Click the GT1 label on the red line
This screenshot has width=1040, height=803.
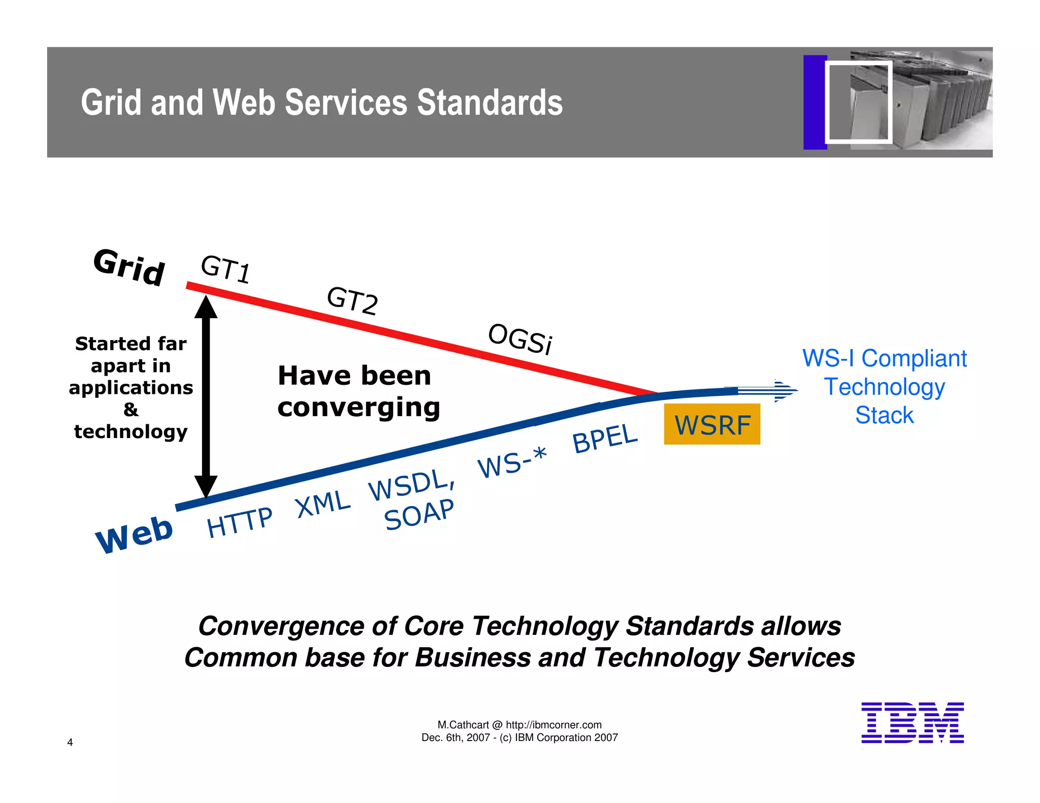point(225,269)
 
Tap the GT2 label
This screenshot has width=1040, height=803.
point(352,300)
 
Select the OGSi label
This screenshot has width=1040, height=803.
point(520,339)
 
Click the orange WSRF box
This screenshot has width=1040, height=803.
point(712,424)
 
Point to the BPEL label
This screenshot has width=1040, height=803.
point(604,438)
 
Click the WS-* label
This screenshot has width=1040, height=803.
point(512,462)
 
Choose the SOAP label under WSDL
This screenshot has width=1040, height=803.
point(419,514)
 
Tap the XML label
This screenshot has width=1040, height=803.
point(323,505)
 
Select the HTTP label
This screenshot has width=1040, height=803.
point(240,522)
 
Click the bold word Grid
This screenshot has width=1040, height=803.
point(129,267)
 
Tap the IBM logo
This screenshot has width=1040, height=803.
point(912,723)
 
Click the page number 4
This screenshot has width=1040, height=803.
point(70,742)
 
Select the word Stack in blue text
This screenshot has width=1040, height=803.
point(884,415)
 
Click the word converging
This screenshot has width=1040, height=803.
point(359,407)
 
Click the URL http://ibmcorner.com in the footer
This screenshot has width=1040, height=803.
point(554,725)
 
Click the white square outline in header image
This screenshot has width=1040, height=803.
point(858,102)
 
